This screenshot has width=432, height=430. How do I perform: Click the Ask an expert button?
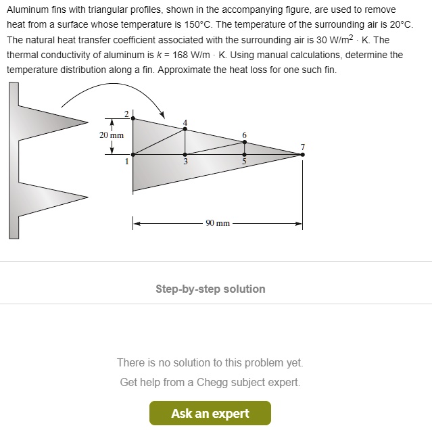click(x=210, y=413)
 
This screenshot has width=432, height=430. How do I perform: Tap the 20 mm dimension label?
click(x=112, y=135)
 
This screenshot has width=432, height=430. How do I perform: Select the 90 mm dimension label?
click(x=217, y=222)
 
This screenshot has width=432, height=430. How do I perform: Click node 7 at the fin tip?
click(x=302, y=154)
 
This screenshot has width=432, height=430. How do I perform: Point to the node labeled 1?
click(x=133, y=154)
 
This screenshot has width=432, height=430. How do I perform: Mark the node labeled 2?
click(x=133, y=119)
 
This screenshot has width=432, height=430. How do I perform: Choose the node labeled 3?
click(x=185, y=154)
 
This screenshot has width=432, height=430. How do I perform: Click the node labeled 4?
click(x=185, y=130)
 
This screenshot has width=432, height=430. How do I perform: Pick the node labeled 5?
click(x=244, y=154)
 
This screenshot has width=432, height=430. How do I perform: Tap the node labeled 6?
click(x=244, y=142)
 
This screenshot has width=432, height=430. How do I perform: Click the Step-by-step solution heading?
click(x=210, y=289)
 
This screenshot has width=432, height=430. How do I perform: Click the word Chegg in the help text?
click(x=211, y=382)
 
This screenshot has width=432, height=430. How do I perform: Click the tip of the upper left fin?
click(x=88, y=122)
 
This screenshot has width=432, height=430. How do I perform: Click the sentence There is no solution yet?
click(x=210, y=363)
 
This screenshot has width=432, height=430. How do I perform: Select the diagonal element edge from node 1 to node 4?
click(x=159, y=142)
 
